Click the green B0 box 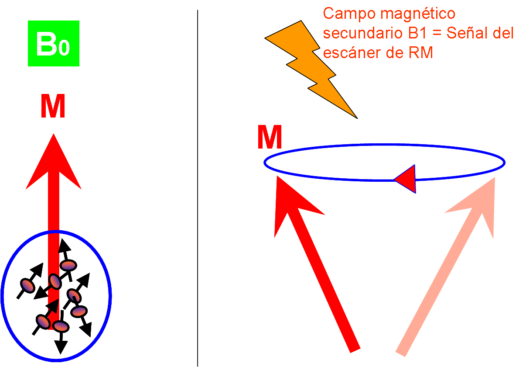(53, 43)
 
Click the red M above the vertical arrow (53, 107)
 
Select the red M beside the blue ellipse (269, 138)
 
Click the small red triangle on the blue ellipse (406, 179)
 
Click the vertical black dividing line (198, 188)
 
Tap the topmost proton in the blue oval (68, 265)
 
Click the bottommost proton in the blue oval (61, 326)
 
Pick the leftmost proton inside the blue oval (27, 285)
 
